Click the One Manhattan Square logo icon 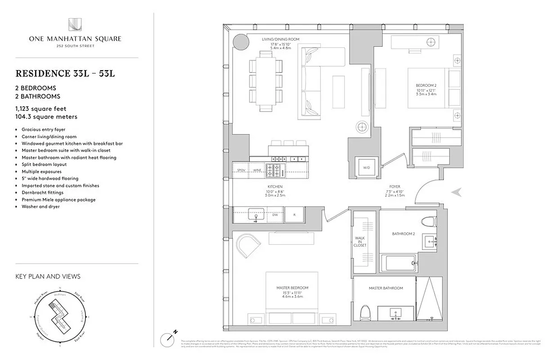click(75, 25)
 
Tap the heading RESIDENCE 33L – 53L click(65, 73)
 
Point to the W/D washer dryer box click(367, 168)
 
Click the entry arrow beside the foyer click(457, 192)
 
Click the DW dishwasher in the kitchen click(274, 215)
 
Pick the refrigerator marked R click(294, 215)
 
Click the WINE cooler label click(258, 170)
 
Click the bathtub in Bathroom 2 click(398, 262)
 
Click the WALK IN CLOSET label click(360, 242)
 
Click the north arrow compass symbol click(169, 337)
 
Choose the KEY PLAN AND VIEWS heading click(48, 276)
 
